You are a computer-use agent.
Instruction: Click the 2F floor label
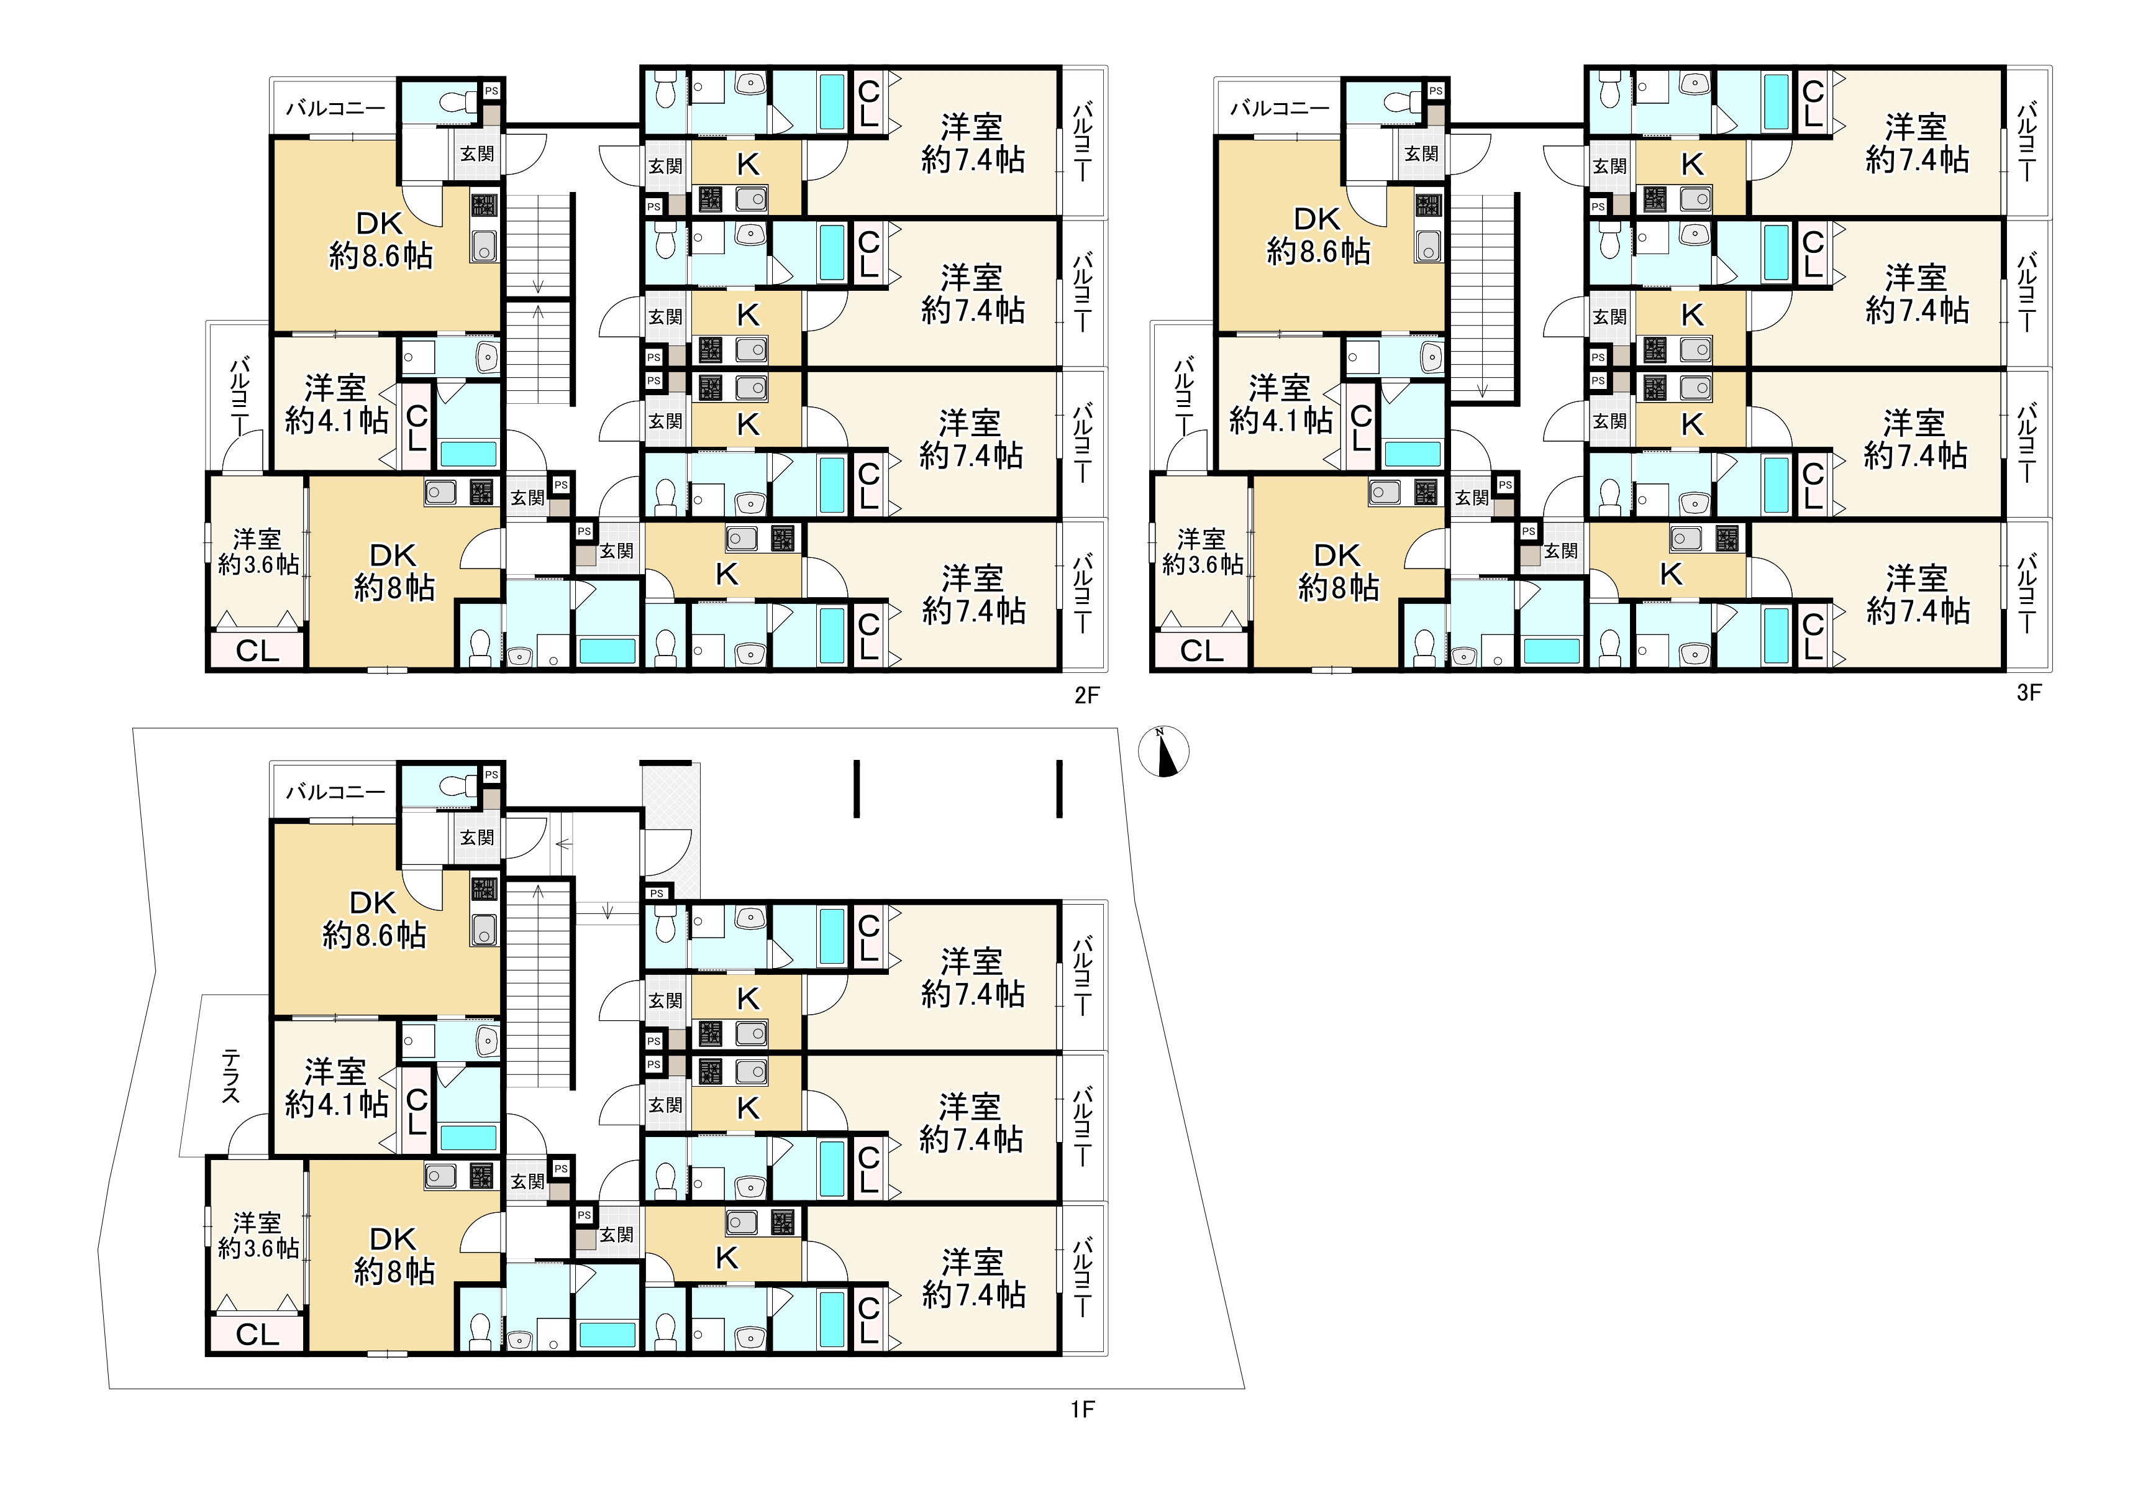click(1086, 695)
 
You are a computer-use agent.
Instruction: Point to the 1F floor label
click(1082, 1410)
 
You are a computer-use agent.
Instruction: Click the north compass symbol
click(1164, 751)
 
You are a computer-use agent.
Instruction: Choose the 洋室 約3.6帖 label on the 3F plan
click(1202, 552)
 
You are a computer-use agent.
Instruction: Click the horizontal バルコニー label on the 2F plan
click(335, 108)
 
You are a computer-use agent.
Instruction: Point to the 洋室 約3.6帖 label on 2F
click(258, 552)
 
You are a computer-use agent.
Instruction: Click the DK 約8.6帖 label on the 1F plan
click(374, 918)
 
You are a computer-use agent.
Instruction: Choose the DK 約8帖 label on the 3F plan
click(1338, 571)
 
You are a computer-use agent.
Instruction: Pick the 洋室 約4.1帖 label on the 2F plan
click(336, 404)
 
